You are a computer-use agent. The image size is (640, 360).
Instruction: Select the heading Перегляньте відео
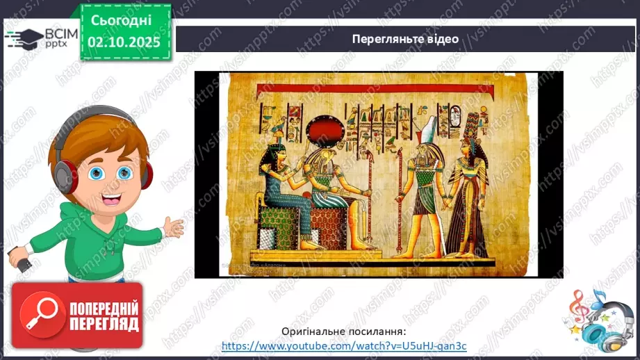tap(405, 39)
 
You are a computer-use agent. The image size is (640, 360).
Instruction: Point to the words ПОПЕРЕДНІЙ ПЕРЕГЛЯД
tap(103, 316)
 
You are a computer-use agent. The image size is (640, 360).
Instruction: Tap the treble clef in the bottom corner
tap(579, 306)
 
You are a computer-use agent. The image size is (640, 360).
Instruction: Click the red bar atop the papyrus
tap(375, 90)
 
